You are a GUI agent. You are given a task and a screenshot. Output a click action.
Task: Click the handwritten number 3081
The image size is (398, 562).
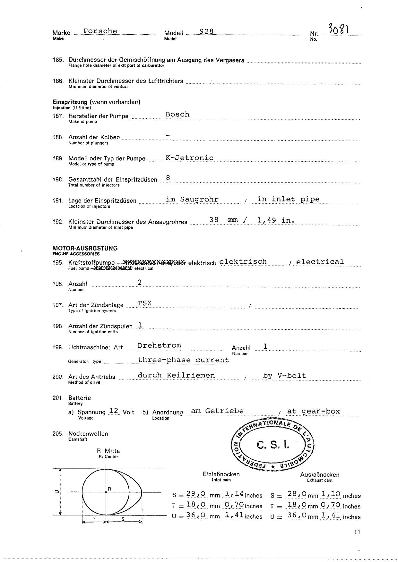[x=339, y=30]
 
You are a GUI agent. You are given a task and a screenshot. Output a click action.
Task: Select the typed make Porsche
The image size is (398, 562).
[x=100, y=31]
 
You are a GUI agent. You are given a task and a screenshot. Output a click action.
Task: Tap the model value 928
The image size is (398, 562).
[x=206, y=31]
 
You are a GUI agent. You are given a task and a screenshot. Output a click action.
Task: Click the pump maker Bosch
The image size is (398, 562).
[x=177, y=114]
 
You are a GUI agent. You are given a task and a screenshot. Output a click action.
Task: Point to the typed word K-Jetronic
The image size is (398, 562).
[x=189, y=158]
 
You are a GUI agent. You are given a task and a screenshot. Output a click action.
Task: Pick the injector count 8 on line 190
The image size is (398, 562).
[x=168, y=178]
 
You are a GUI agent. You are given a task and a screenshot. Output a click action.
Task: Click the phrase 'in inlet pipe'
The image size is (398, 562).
[x=289, y=199]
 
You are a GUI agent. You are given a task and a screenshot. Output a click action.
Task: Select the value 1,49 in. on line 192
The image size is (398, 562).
[x=276, y=220]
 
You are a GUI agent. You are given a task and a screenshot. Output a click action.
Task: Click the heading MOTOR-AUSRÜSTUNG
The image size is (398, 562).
[x=85, y=248]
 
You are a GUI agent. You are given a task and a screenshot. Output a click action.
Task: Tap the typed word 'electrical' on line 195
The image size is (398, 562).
[x=320, y=262]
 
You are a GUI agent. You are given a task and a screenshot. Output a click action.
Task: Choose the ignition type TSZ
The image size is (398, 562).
[x=144, y=303]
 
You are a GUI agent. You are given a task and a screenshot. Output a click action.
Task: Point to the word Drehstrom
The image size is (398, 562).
[x=159, y=345]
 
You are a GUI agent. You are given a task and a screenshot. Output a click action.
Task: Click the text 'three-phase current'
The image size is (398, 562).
[x=183, y=360]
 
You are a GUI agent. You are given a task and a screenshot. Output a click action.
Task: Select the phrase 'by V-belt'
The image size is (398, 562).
[x=284, y=376]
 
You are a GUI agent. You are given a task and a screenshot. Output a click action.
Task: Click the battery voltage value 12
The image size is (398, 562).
[x=114, y=411]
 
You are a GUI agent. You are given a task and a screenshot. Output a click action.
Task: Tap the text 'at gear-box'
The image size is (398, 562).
[x=313, y=411]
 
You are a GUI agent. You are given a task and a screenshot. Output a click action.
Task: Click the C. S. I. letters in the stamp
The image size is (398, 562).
[x=273, y=445]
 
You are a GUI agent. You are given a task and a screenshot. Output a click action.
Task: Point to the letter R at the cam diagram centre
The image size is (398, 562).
[x=109, y=489]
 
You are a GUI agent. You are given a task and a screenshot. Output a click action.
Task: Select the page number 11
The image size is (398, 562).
[x=357, y=532]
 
